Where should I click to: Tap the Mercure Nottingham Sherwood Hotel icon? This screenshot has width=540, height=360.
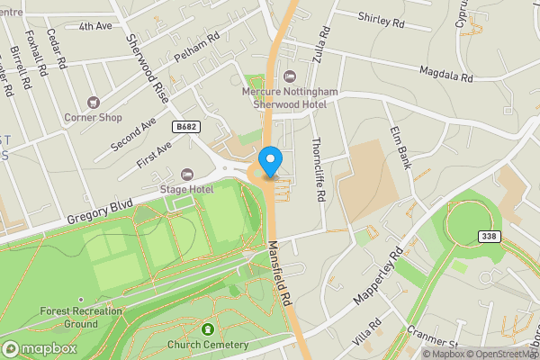click(x=288, y=76)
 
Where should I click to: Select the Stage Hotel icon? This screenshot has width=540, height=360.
click(x=186, y=174)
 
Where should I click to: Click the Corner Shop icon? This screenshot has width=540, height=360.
click(x=93, y=102)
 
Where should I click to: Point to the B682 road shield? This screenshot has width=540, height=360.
click(x=186, y=127)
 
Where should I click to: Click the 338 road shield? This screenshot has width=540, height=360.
click(x=489, y=237)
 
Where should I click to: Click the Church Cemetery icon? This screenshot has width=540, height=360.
click(x=209, y=329)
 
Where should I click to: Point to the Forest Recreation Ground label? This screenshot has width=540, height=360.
click(x=68, y=318)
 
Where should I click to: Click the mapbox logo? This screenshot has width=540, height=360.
click(x=39, y=348)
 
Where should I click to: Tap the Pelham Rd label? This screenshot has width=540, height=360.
click(x=197, y=49)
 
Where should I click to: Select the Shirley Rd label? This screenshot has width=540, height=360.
click(x=383, y=17)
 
